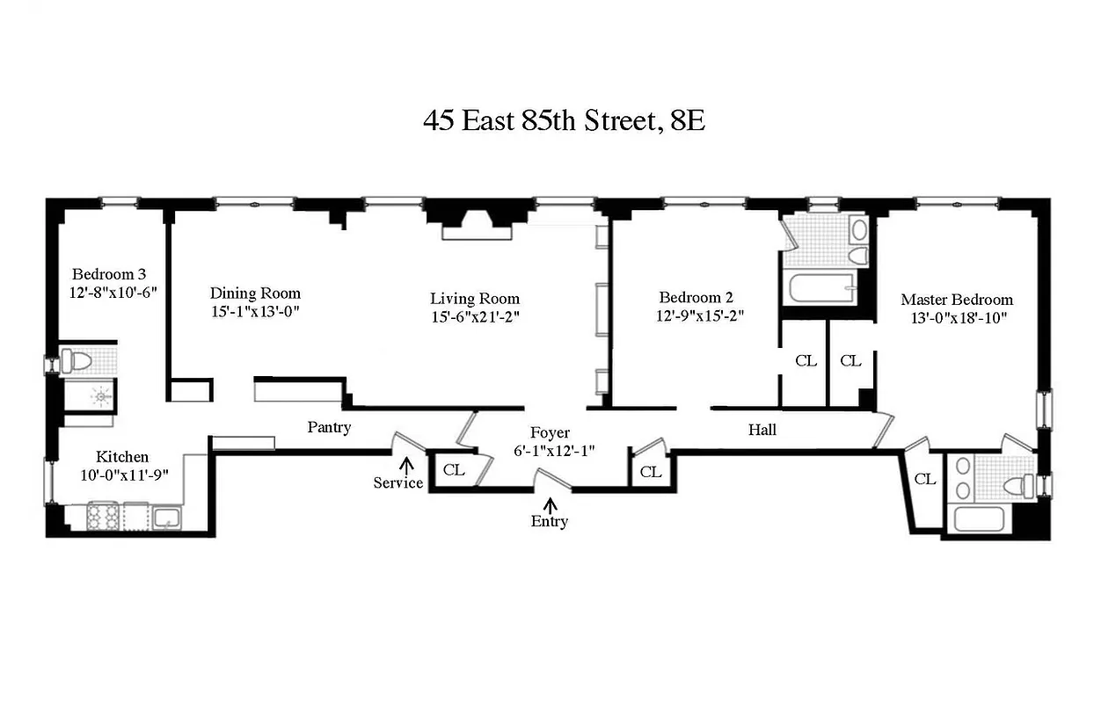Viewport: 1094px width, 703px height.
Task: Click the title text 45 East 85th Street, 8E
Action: (564, 120)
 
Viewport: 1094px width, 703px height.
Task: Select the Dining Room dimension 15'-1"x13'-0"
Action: (255, 311)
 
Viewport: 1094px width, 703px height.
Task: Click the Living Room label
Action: (475, 298)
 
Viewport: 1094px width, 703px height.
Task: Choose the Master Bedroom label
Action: (957, 300)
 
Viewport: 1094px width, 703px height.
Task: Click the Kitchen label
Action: (122, 457)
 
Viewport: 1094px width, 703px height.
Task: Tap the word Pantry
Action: (329, 428)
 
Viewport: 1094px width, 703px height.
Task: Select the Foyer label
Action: (550, 432)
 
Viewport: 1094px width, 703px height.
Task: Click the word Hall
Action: (762, 430)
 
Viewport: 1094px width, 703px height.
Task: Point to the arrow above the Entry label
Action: (551, 505)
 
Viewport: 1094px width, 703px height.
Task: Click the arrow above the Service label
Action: (406, 465)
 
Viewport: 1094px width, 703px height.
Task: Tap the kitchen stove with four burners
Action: (104, 518)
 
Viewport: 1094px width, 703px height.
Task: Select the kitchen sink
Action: (164, 518)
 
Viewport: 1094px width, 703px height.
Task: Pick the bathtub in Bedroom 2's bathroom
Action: (819, 286)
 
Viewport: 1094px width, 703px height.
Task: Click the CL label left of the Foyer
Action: (454, 469)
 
